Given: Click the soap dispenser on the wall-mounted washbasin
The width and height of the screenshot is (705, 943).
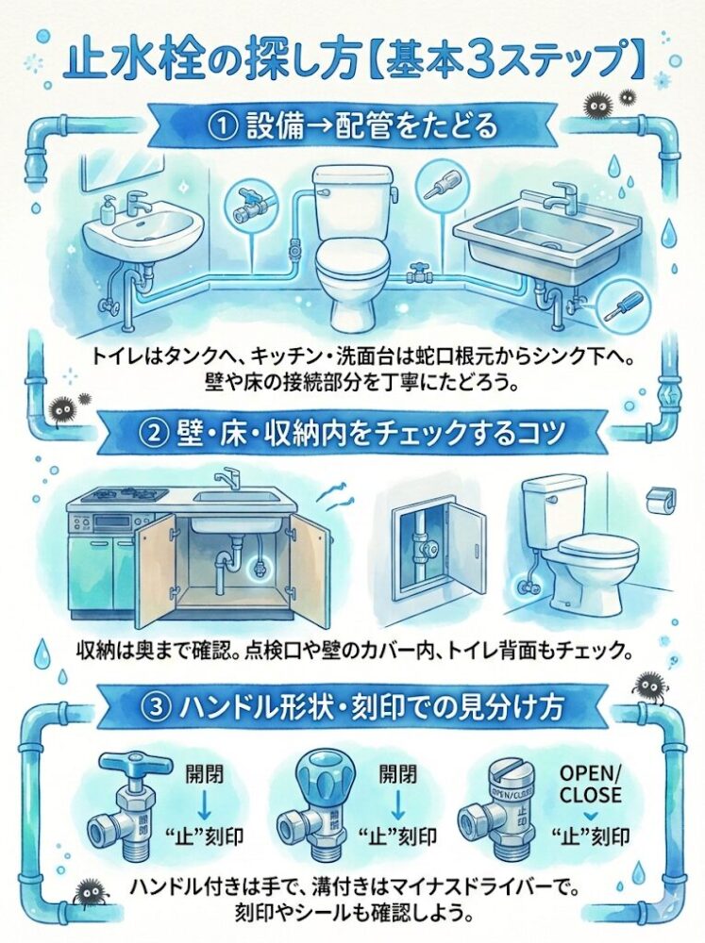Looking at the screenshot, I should coord(109,207).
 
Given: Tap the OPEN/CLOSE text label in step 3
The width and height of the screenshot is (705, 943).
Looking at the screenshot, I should coord(590,783).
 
